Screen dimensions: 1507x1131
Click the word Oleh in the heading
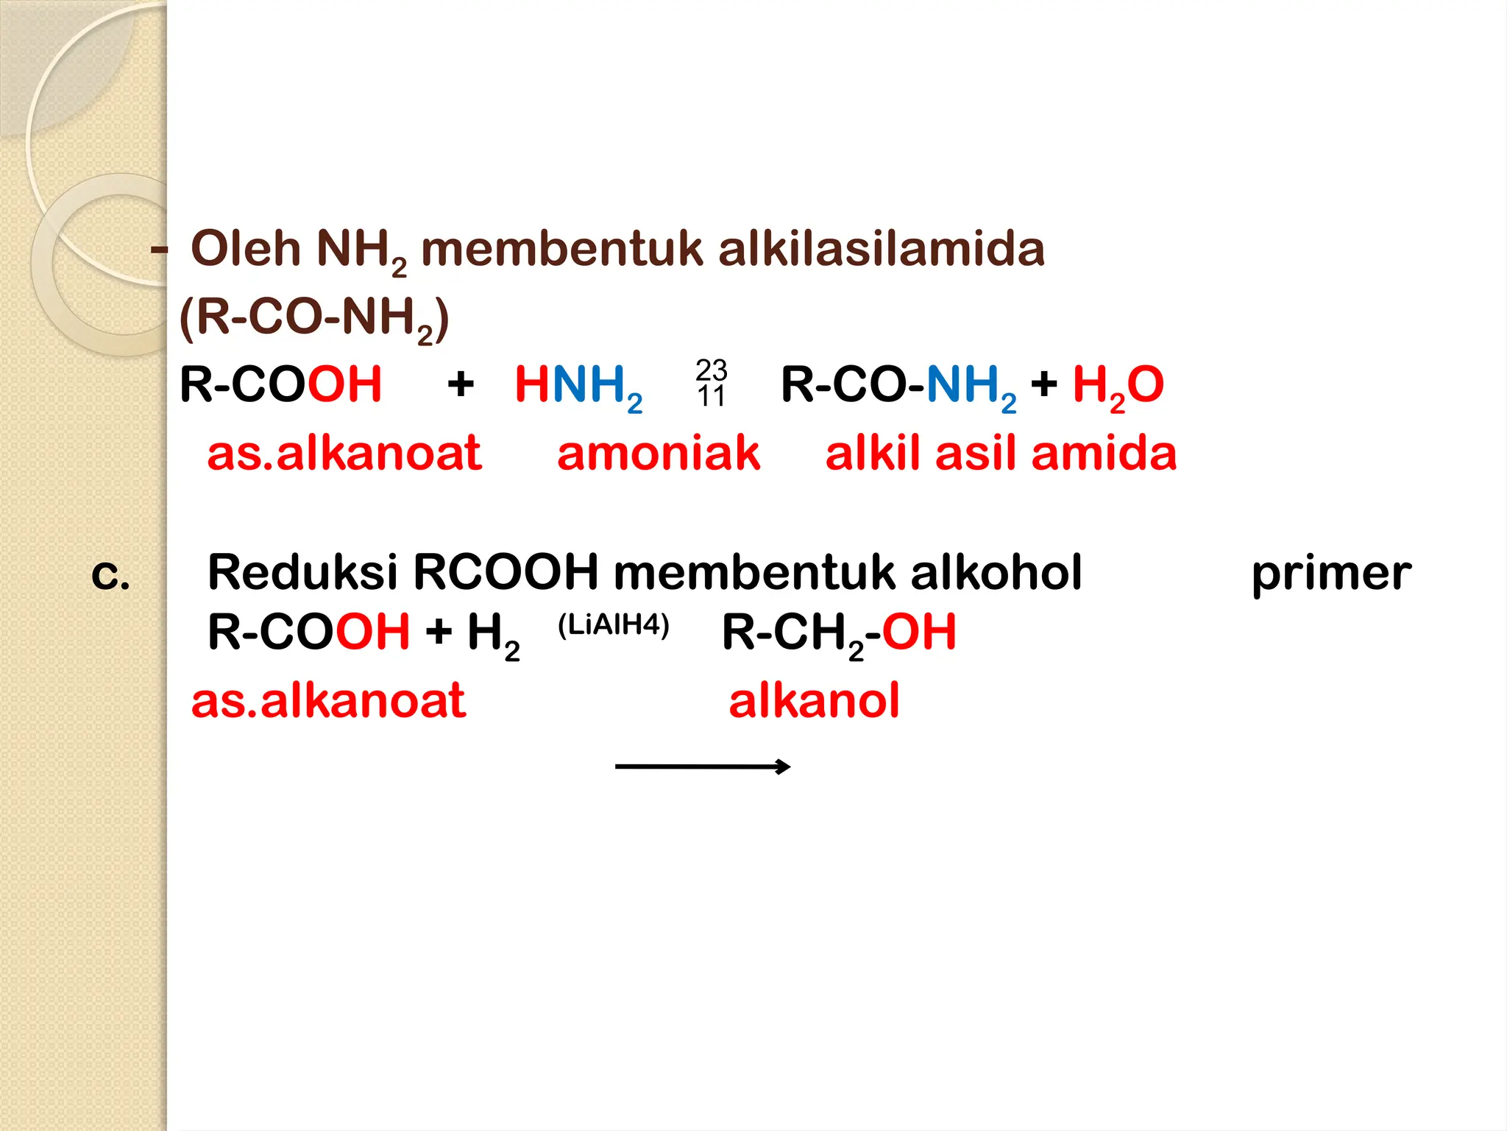pyautogui.click(x=245, y=248)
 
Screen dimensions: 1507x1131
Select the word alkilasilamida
pyautogui.click(x=882, y=248)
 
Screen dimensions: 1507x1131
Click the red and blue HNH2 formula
pyautogui.click(x=578, y=387)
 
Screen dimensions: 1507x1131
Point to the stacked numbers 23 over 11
pyautogui.click(x=712, y=383)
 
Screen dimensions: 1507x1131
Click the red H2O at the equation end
pyautogui.click(x=1118, y=387)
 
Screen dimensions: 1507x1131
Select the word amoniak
pyautogui.click(x=659, y=453)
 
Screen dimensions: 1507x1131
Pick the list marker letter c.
pyautogui.click(x=110, y=575)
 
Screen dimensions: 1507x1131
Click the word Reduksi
pyautogui.click(x=303, y=572)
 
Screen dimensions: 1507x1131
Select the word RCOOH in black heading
pyautogui.click(x=506, y=572)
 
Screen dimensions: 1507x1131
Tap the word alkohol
pyautogui.click(x=996, y=572)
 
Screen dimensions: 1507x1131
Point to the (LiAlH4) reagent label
pyautogui.click(x=614, y=625)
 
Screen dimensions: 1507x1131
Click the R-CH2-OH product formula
pyautogui.click(x=839, y=634)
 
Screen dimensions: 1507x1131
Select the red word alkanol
pyautogui.click(x=814, y=700)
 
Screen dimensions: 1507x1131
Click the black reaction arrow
pyautogui.click(x=703, y=767)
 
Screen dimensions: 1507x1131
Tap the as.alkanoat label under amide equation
pyautogui.click(x=344, y=453)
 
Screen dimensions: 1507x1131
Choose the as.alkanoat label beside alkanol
pyautogui.click(x=328, y=700)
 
